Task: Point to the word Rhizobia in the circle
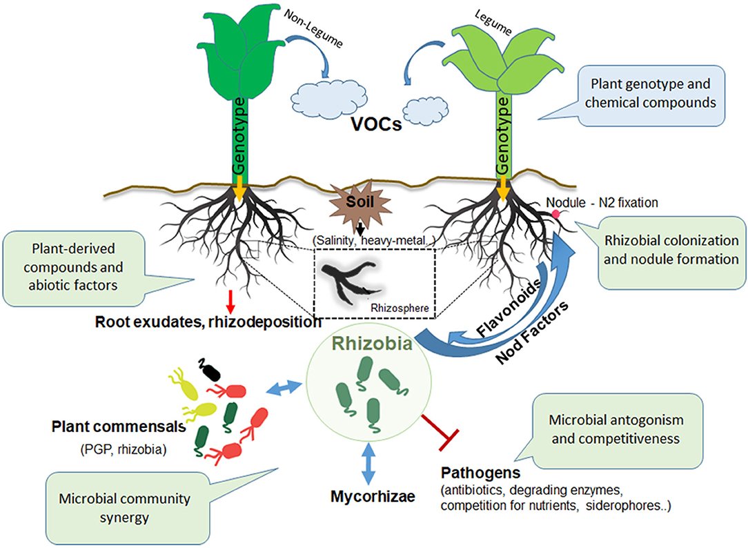[373, 342]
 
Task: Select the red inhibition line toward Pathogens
[442, 427]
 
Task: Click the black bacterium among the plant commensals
[210, 371]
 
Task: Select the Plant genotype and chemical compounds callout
[644, 95]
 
